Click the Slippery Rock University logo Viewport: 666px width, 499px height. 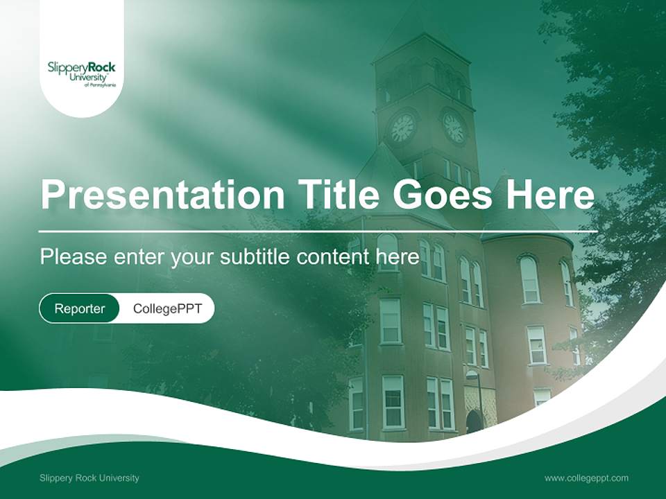pyautogui.click(x=82, y=73)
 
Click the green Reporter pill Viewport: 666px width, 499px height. pyautogui.click(x=80, y=308)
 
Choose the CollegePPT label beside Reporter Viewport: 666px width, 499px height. pyautogui.click(x=167, y=308)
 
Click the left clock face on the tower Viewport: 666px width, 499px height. pyautogui.click(x=402, y=128)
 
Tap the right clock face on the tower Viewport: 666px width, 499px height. pyautogui.click(x=454, y=128)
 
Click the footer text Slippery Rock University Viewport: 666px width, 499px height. pyautogui.click(x=89, y=478)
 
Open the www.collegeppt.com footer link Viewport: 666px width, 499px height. pyautogui.click(x=586, y=478)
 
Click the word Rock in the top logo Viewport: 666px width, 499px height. pyautogui.click(x=102, y=67)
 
